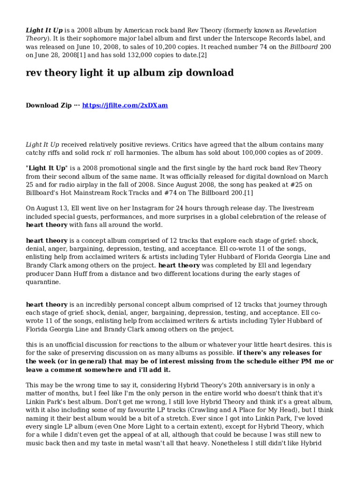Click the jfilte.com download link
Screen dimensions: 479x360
point(125,105)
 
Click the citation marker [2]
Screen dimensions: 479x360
point(202,55)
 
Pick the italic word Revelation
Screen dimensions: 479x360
point(301,30)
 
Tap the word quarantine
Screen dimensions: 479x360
point(43,282)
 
